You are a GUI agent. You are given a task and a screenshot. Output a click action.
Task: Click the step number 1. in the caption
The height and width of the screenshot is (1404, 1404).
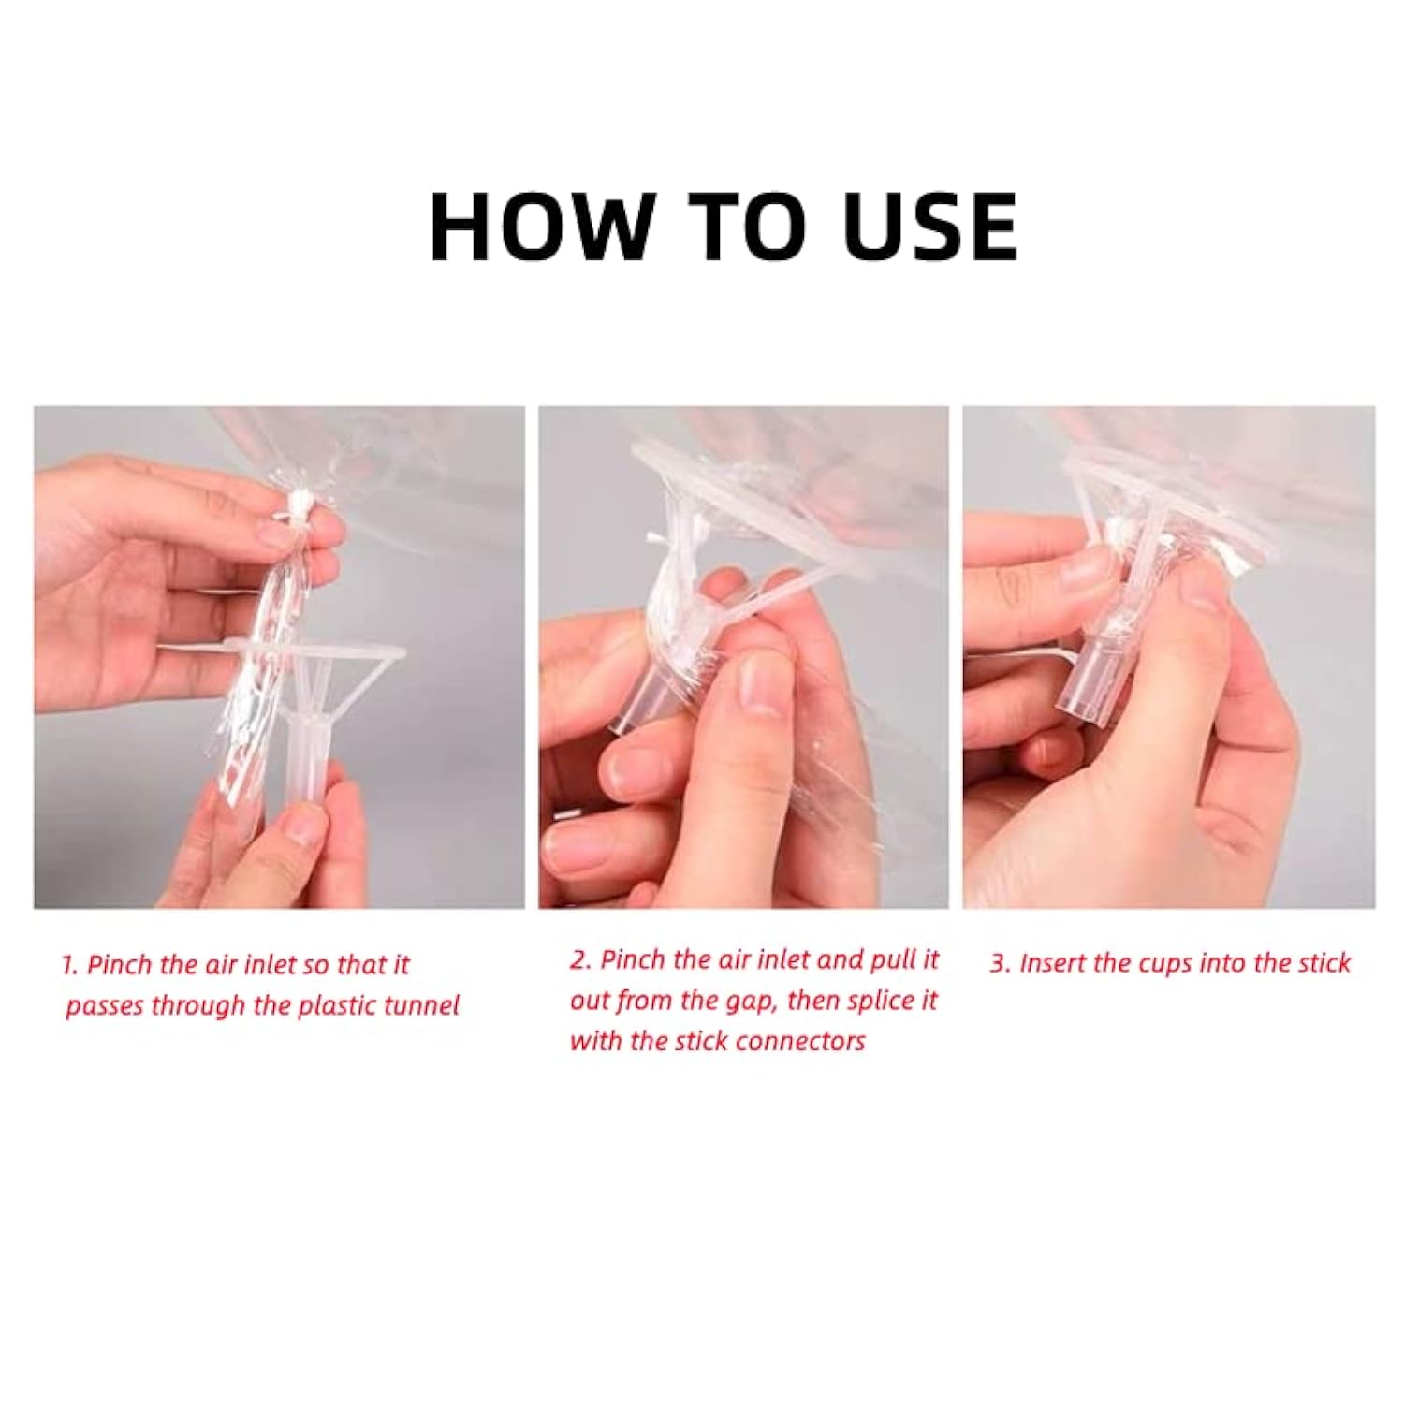pyautogui.click(x=70, y=965)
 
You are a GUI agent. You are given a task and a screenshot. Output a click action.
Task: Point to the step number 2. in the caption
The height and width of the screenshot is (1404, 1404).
pyautogui.click(x=580, y=960)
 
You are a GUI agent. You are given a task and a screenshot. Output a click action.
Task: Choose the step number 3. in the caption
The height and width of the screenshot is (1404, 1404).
pyautogui.click(x=1001, y=963)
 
